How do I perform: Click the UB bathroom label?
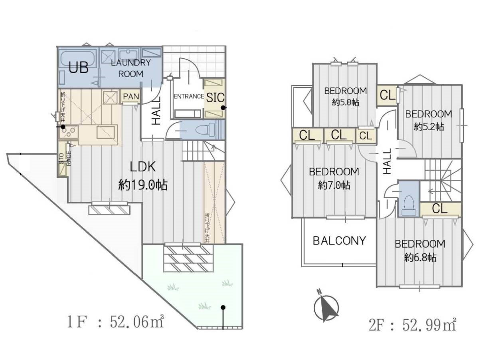pyautogui.click(x=79, y=68)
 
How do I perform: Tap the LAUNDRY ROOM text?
pyautogui.click(x=131, y=68)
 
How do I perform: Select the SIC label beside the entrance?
pyautogui.click(x=215, y=97)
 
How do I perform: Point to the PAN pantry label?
pyautogui.click(x=131, y=96)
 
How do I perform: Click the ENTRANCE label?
pyautogui.click(x=189, y=96)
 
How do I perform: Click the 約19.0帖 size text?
pyautogui.click(x=143, y=185)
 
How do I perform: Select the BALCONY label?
pyautogui.click(x=339, y=241)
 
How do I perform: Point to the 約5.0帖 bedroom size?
pyautogui.click(x=345, y=102)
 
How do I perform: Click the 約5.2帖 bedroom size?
pyautogui.click(x=428, y=127)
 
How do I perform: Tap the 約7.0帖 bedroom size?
pyautogui.click(x=334, y=185)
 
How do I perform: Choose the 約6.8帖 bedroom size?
pyautogui.click(x=420, y=257)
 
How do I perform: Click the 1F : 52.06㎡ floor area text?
pyautogui.click(x=115, y=322)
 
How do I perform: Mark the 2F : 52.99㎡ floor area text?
pyautogui.click(x=413, y=326)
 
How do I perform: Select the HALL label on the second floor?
pyautogui.click(x=387, y=161)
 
